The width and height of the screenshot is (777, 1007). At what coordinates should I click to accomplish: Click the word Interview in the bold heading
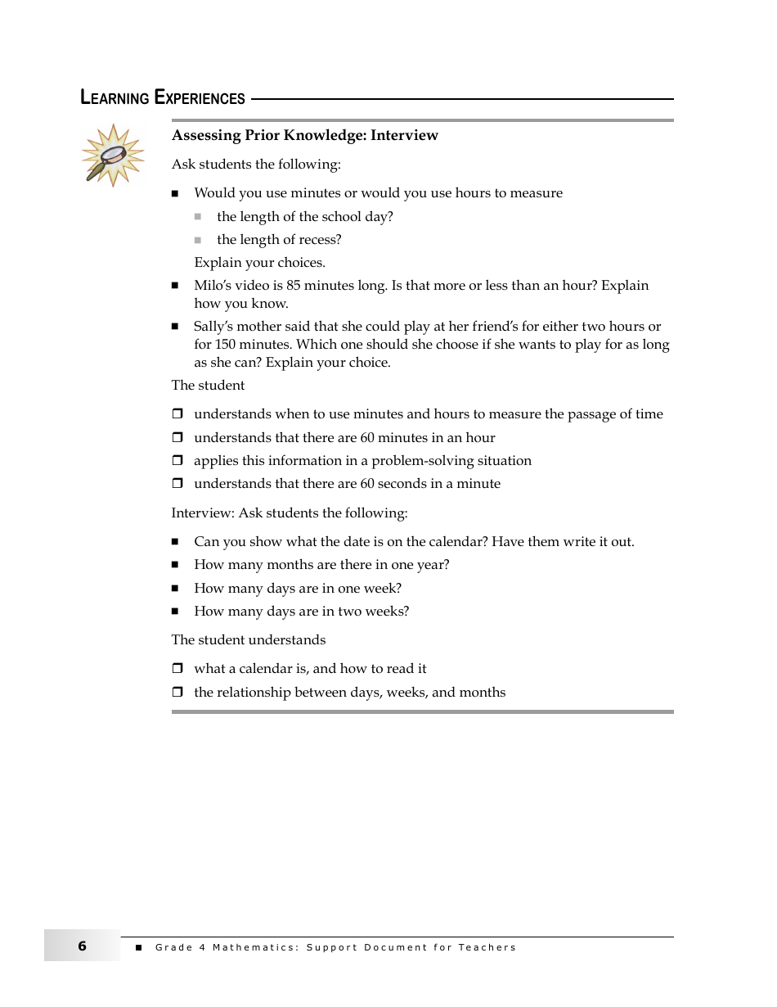[x=404, y=135]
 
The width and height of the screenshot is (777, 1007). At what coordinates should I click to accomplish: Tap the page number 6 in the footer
[x=82, y=946]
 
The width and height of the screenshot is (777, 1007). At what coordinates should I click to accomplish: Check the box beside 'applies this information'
[x=177, y=461]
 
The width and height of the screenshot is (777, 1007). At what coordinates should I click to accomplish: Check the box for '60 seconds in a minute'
[x=177, y=484]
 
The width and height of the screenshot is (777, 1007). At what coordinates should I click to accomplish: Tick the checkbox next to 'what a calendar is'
[x=177, y=669]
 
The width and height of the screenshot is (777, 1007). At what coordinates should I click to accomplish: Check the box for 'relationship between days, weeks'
[x=177, y=693]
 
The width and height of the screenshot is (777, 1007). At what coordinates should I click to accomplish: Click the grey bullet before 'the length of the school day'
[x=197, y=217]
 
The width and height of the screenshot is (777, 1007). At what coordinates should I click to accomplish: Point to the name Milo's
[x=212, y=286]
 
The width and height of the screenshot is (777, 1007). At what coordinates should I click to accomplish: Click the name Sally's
[x=213, y=327]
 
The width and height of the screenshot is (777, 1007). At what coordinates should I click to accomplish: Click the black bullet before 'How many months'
[x=175, y=565]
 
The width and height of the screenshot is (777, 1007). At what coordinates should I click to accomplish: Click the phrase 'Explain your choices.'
[x=259, y=263]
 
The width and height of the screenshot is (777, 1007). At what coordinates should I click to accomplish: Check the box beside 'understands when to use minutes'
[x=177, y=414]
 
